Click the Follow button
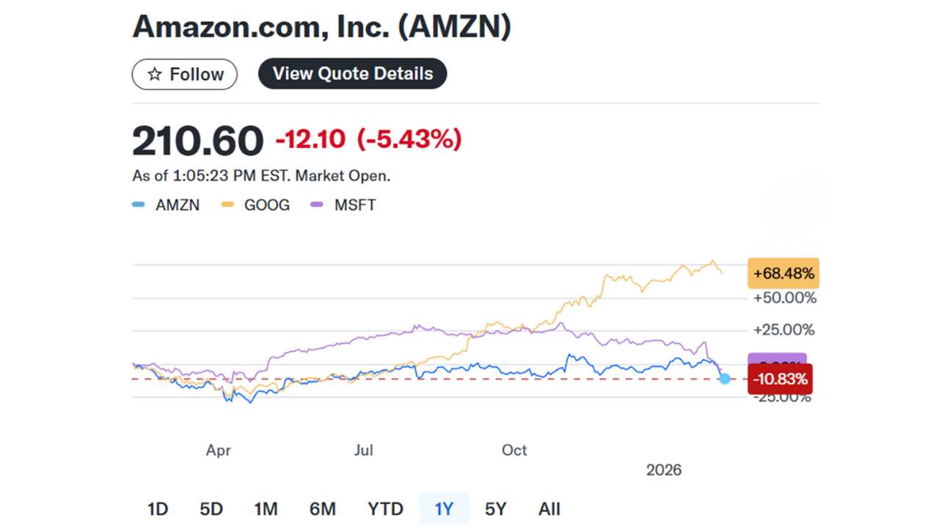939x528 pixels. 184,74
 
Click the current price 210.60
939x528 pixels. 197,141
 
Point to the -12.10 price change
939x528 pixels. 310,139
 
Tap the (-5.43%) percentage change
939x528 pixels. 409,139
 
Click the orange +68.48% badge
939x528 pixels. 783,274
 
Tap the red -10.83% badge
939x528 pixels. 780,379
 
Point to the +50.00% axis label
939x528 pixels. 785,298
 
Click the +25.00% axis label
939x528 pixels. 785,330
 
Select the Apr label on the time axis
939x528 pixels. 219,450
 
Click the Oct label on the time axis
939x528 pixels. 514,450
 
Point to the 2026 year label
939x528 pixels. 664,470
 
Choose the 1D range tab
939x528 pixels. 158,509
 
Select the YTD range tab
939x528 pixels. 385,509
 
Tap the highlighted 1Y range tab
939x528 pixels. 444,509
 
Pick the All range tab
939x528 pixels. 549,509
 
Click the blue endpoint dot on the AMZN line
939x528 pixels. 725,378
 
